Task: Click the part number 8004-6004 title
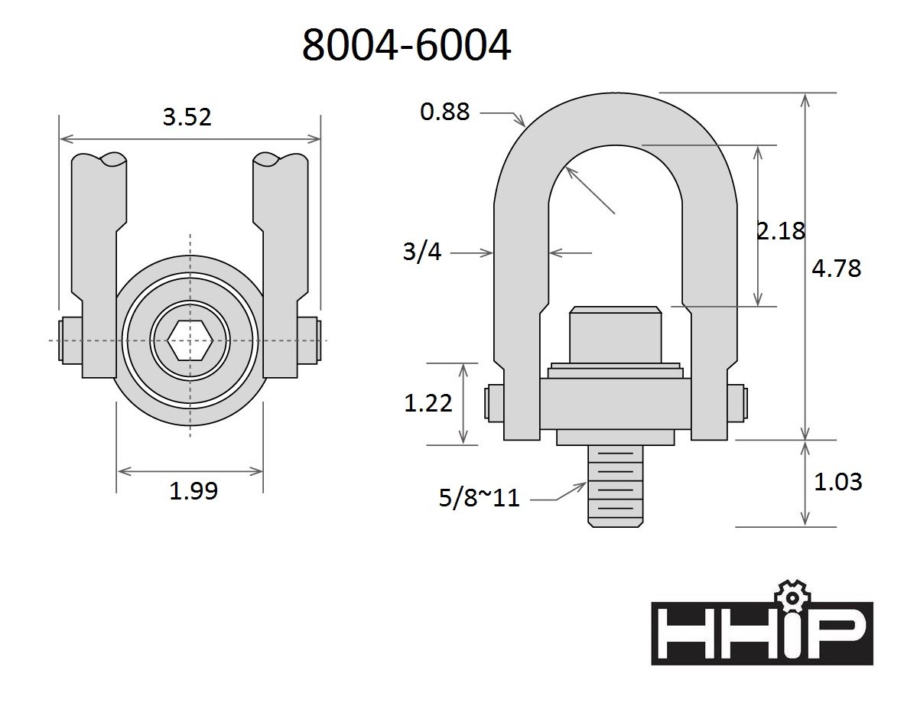coord(406,45)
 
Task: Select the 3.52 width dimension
coord(187,117)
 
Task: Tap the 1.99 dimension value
coord(193,490)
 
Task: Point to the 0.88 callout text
coord(445,111)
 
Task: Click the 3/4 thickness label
coord(421,252)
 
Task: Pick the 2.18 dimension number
coord(781,231)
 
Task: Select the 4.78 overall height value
coord(836,268)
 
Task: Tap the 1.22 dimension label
coord(428,403)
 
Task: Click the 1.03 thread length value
coord(838,481)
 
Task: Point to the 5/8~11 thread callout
coord(479,498)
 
